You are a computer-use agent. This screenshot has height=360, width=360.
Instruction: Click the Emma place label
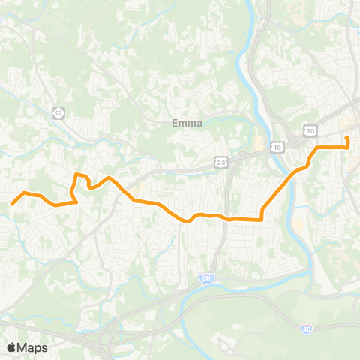pos(187,124)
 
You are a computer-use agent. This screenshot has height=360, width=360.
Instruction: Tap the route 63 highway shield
pos(58,112)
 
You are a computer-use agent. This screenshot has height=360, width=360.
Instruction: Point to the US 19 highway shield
pos(277,148)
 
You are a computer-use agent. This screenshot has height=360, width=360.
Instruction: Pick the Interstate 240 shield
pos(206,277)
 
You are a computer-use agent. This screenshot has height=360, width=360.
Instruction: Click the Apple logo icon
pos(11,347)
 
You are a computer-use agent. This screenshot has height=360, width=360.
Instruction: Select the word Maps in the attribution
pos(32,347)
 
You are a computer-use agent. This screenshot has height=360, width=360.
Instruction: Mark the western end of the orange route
pos(11,203)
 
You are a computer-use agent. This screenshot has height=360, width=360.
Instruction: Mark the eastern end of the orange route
pos(347,138)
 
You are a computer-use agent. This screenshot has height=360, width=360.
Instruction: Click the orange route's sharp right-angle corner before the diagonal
pos(261,219)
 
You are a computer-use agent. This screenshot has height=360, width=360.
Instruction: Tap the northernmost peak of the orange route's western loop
pos(77,175)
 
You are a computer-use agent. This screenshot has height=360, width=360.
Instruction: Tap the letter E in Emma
pos(175,124)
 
